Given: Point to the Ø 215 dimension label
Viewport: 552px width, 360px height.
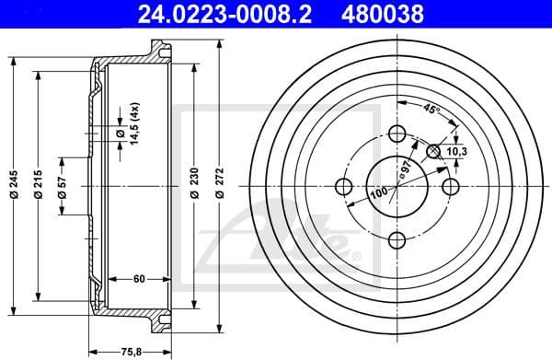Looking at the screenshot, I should tap(39, 188).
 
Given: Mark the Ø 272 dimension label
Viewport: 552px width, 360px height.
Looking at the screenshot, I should tap(218, 188).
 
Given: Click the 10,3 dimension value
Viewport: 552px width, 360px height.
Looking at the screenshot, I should tap(457, 149).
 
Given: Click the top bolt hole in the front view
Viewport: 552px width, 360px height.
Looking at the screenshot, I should tap(397, 134).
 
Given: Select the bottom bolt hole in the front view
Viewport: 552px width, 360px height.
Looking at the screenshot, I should tap(397, 241).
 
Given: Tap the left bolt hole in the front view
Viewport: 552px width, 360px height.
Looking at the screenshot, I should tap(343, 188).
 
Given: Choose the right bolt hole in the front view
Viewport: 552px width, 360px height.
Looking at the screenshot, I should tap(451, 188).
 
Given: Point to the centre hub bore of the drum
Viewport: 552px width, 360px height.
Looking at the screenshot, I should tap(397, 188).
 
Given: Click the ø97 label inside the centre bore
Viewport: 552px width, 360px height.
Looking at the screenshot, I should tap(402, 170).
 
